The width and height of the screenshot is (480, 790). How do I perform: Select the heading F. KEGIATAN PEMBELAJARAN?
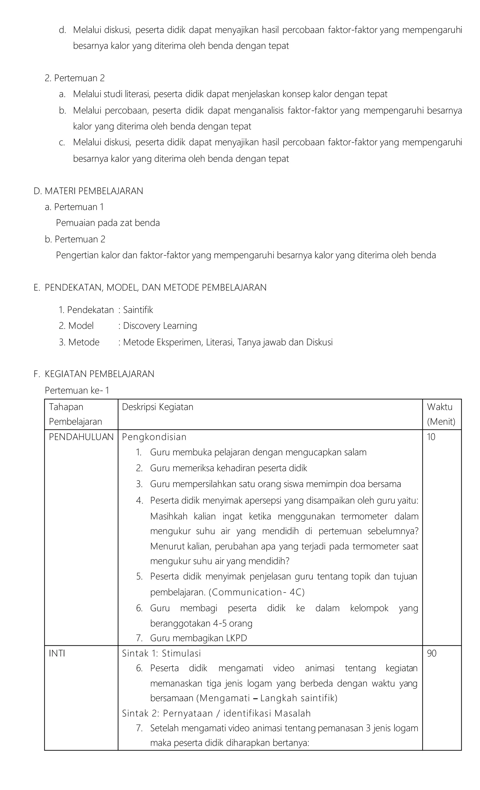click(94, 374)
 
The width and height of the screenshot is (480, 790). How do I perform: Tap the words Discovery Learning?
click(160, 326)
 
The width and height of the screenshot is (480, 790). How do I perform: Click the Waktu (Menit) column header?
click(441, 414)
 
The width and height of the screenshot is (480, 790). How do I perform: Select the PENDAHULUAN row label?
click(81, 437)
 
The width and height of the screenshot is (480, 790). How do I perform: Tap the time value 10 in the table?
click(431, 437)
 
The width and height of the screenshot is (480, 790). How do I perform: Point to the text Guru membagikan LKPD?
click(198, 638)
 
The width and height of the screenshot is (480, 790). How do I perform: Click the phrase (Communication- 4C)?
click(256, 592)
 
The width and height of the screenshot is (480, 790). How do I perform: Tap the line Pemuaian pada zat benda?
click(108, 223)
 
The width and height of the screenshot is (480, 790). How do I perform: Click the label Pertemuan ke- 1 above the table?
click(77, 390)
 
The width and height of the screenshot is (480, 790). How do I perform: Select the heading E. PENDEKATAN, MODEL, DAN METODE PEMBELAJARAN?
click(150, 287)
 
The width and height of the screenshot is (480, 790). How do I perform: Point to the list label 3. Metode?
click(79, 342)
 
